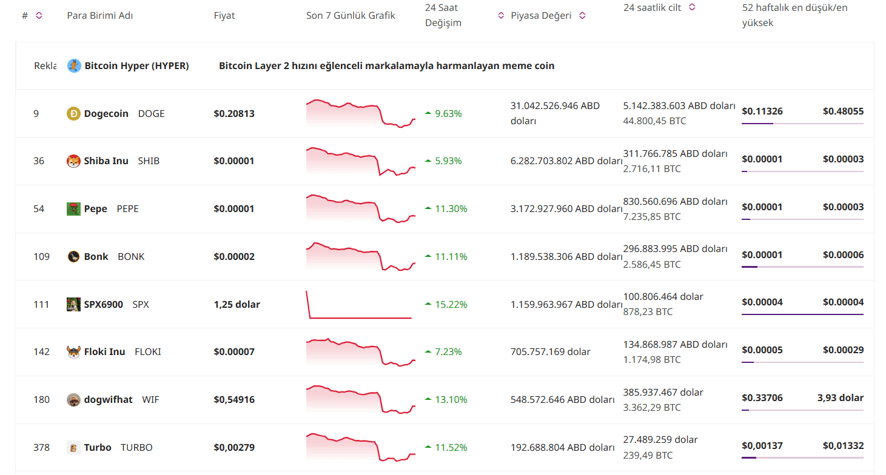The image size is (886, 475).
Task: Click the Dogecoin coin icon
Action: (73, 113)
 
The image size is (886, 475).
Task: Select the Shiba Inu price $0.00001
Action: (234, 161)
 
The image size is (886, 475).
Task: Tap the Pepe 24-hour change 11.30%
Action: (451, 209)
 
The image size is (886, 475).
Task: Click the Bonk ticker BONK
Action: (131, 257)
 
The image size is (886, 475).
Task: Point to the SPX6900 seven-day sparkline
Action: (359, 305)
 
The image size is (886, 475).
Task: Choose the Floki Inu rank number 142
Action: (42, 352)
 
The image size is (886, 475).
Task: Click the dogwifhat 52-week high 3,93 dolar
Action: (840, 398)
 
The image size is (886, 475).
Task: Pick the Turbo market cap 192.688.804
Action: (562, 448)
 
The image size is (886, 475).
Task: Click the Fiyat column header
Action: (224, 16)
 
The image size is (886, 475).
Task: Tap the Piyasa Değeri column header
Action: (541, 16)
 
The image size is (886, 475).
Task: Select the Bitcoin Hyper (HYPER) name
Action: (136, 66)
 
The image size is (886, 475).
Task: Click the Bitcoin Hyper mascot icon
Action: (74, 66)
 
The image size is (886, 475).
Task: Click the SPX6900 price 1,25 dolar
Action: (237, 305)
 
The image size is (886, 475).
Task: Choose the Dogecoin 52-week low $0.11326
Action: (762, 111)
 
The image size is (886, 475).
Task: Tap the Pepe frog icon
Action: (73, 209)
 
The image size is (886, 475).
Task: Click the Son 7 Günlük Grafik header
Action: (351, 16)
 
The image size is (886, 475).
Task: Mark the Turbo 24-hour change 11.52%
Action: (451, 448)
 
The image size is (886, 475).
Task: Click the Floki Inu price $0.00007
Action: (234, 352)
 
